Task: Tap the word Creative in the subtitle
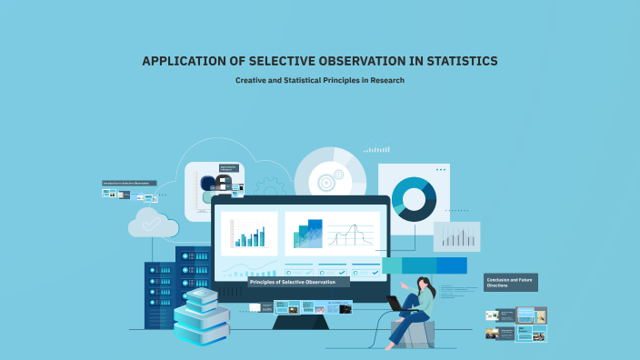[252, 80]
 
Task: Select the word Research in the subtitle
[385, 80]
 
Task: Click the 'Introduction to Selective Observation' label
[129, 183]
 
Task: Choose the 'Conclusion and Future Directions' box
[510, 282]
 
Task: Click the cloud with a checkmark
[152, 222]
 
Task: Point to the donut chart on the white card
[414, 197]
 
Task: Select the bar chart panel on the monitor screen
[248, 234]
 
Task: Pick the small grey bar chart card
[456, 236]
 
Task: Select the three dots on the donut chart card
[441, 169]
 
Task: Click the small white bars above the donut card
[376, 149]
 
